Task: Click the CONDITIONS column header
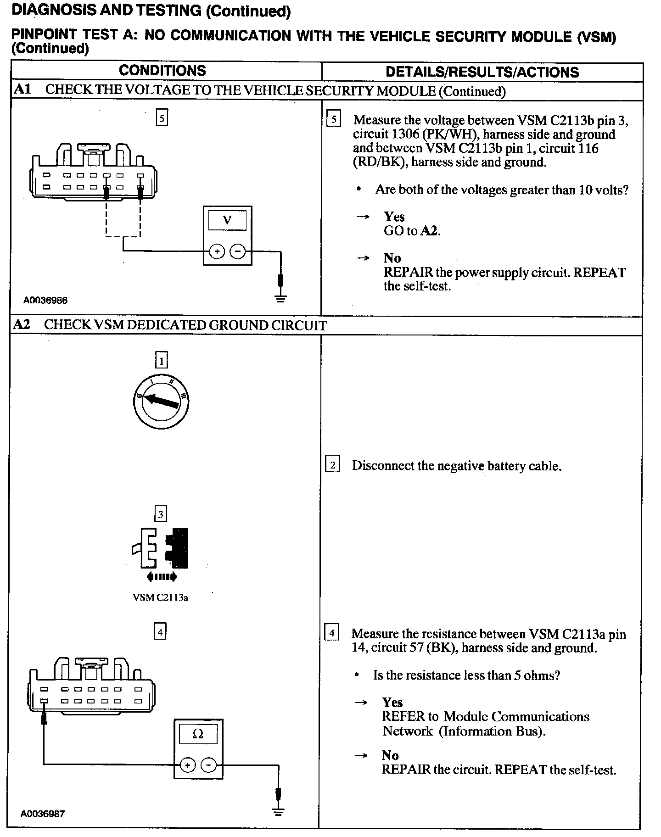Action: [x=162, y=71]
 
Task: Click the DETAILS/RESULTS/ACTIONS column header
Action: [x=482, y=72]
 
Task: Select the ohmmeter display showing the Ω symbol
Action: [x=198, y=734]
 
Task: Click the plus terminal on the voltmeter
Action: [x=217, y=251]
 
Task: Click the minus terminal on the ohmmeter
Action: [x=209, y=765]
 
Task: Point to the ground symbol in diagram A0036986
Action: [x=281, y=298]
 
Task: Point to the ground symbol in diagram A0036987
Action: [x=278, y=811]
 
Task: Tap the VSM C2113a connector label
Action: [x=160, y=597]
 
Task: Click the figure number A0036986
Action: [x=45, y=301]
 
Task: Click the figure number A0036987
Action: [x=43, y=814]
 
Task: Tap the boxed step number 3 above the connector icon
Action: [x=160, y=514]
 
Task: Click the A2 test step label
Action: [x=22, y=324]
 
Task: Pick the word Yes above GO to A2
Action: [x=394, y=217]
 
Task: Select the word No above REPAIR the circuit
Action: [x=390, y=755]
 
